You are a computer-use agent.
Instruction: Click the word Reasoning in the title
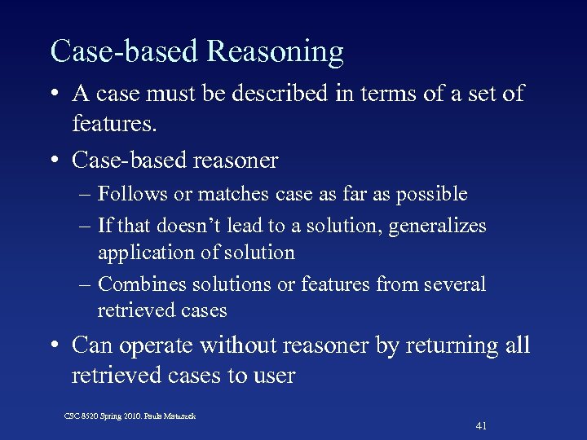coord(276,52)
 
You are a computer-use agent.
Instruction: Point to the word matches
coord(217,194)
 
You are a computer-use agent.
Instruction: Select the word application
coord(143,253)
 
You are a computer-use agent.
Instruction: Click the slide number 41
coord(481,425)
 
